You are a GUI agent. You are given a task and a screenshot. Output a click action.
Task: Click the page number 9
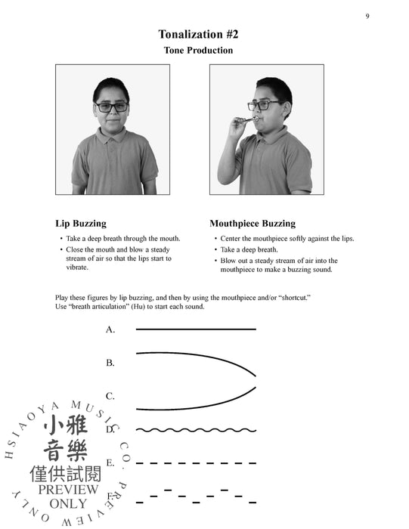coord(367,16)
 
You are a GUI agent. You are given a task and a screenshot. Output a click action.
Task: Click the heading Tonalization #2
coord(198,34)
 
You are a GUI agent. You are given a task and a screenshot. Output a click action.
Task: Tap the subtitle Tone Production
coord(198,51)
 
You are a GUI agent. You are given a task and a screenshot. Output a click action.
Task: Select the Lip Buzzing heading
coord(81,224)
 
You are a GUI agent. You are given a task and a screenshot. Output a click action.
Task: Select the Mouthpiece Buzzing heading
coord(253,224)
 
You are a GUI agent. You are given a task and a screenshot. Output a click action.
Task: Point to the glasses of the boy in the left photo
coord(111,107)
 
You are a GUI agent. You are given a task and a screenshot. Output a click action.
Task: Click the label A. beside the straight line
coord(110,329)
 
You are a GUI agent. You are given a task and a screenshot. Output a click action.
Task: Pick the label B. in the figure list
coord(110,363)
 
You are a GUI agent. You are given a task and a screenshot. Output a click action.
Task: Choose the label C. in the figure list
coord(110,395)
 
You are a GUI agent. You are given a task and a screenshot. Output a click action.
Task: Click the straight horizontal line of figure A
coord(196,329)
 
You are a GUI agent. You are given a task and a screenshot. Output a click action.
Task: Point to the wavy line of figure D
coord(196,429)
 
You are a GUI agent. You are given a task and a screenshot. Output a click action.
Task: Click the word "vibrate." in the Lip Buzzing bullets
coord(77,268)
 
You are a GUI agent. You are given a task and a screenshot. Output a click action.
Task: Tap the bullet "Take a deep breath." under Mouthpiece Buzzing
coord(249,249)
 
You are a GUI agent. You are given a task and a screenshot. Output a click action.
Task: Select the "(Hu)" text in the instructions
coord(169,307)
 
